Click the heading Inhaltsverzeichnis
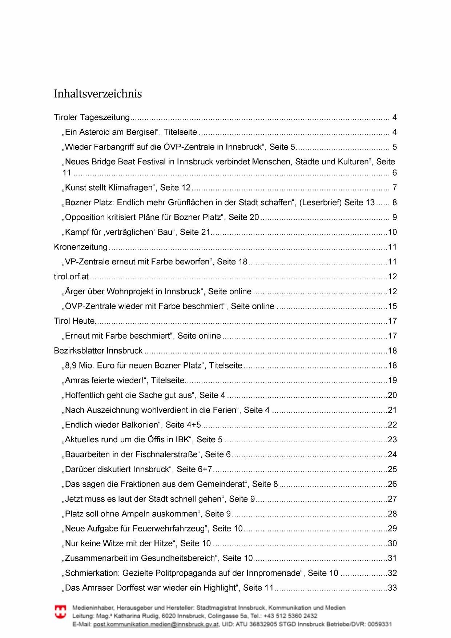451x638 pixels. point(98,94)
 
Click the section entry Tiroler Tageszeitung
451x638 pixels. point(92,117)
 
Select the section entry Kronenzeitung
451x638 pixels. point(81,247)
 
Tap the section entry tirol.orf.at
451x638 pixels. point(71,276)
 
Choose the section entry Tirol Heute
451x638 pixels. point(74,321)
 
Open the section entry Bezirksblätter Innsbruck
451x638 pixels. point(98,351)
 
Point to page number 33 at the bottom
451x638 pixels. point(392,588)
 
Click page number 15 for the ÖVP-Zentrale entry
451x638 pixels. point(392,306)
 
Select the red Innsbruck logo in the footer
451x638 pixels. point(60,612)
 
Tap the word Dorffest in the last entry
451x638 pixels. point(158,588)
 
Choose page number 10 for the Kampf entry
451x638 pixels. point(392,232)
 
